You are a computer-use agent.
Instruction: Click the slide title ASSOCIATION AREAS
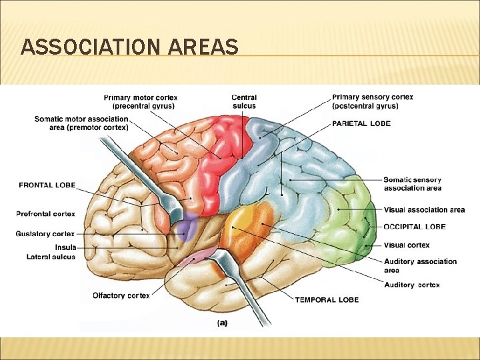point(129,47)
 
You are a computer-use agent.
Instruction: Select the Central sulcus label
point(244,101)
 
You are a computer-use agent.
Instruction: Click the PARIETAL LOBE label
point(361,123)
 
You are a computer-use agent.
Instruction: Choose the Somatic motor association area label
point(81,123)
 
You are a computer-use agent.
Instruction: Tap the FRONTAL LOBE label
point(47,185)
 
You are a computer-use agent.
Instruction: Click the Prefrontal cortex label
point(45,214)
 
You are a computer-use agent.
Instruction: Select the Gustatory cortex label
point(45,234)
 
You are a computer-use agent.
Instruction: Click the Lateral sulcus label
point(51,257)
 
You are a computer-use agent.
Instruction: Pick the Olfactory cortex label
point(121,295)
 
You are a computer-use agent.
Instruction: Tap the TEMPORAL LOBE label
point(327,299)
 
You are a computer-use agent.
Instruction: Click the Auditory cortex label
point(411,285)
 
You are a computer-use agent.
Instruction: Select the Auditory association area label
point(420,265)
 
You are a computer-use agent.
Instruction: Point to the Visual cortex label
point(407,245)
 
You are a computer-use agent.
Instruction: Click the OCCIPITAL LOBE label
point(415,227)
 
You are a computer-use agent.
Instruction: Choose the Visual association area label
point(424,210)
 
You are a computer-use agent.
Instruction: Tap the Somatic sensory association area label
point(412,183)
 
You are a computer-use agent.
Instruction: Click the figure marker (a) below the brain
point(223,322)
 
